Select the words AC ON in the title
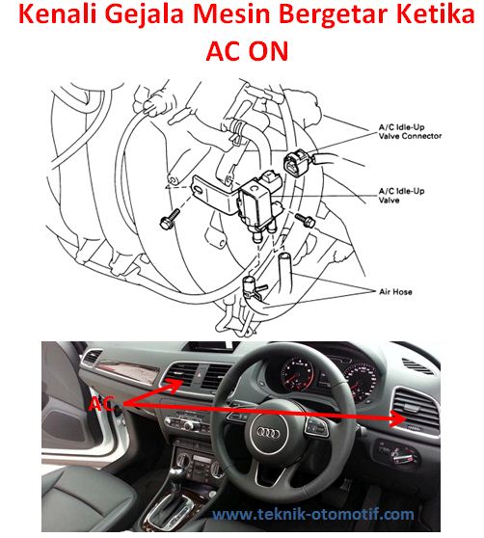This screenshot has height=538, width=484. pos(247,51)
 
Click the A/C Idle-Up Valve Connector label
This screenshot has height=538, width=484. pos(410,132)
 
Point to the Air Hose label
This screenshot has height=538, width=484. pos(395,292)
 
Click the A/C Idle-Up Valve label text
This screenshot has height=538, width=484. pos(401,196)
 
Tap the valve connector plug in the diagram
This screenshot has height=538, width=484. pos(296,162)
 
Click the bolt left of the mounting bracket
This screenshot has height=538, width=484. pos(170,219)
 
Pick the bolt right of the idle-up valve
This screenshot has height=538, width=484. pos(306,220)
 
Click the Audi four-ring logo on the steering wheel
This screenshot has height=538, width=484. pos(268,433)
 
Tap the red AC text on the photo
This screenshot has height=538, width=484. pos(100,404)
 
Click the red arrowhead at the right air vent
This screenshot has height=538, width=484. pos(398,418)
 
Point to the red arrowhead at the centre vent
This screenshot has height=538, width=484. pos(175,384)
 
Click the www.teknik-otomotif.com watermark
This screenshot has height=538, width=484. pos(312,515)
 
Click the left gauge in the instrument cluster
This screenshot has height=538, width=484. pos(297,374)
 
